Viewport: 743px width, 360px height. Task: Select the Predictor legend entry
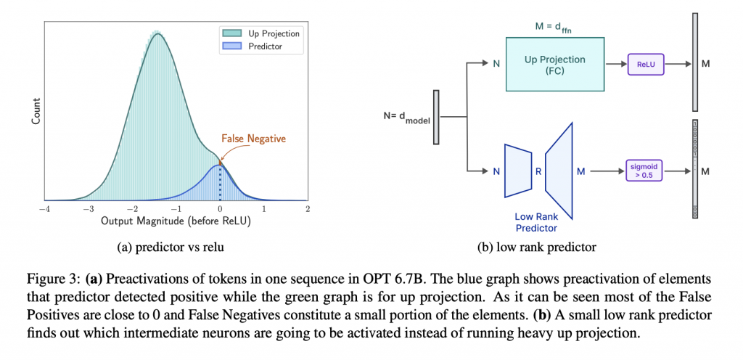pos(259,46)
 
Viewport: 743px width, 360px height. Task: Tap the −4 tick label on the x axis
pos(44,209)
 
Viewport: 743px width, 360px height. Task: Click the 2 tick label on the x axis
pos(308,209)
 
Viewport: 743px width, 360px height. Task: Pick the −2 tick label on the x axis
pos(132,209)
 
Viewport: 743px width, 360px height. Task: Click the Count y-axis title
pos(35,111)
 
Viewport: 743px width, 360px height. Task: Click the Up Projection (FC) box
pos(554,65)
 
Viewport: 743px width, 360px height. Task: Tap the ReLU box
pos(645,65)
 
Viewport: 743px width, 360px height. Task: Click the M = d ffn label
pos(554,28)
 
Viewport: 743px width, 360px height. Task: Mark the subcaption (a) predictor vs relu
pos(171,247)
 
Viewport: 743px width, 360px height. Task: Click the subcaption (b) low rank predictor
pos(537,247)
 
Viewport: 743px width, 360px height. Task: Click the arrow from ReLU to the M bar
pos(677,65)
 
